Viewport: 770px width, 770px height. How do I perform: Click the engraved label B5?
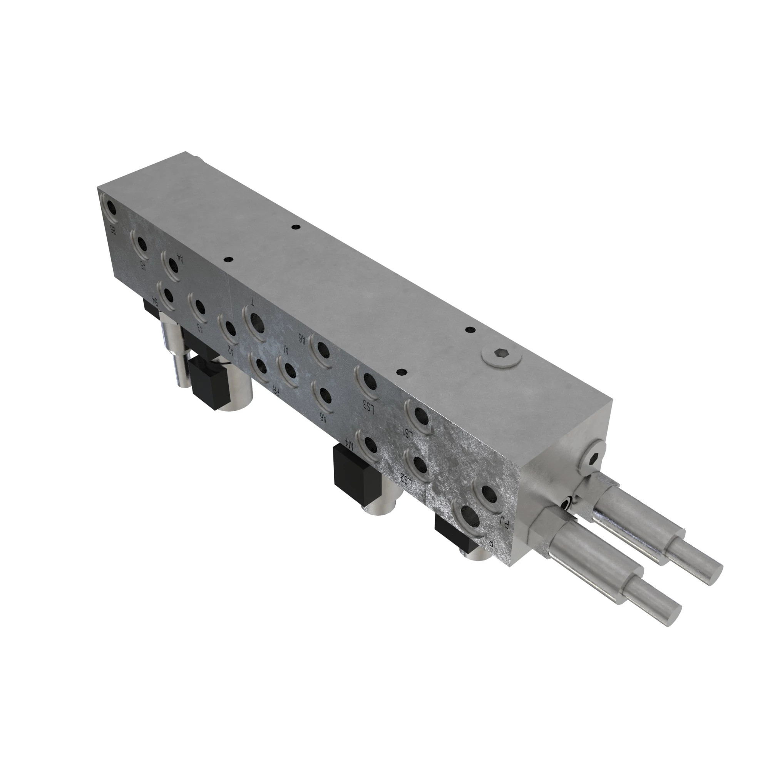113,230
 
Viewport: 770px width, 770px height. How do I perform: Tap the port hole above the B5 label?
109,207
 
